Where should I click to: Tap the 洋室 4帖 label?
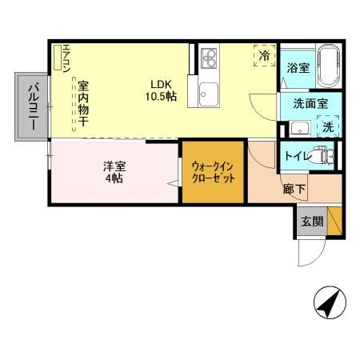114,173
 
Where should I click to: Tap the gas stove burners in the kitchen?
210,57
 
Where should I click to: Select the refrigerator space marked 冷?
263,55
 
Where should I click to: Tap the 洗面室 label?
309,103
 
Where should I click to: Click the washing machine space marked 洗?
327,126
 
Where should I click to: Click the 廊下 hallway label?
294,190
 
